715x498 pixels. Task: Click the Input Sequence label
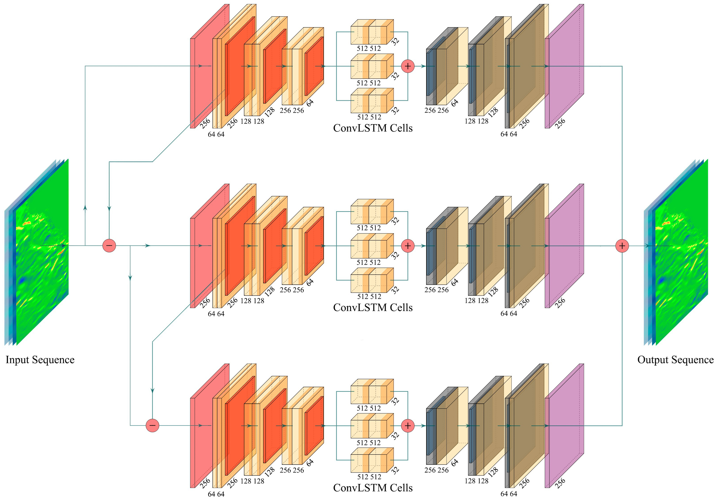click(x=40, y=360)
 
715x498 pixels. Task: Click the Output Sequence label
click(x=675, y=360)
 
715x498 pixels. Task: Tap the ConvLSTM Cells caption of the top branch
click(x=372, y=128)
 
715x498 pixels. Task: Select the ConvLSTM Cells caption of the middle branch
click(x=372, y=308)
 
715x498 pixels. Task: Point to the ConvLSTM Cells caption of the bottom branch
click(x=372, y=488)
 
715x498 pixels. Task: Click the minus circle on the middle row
click(x=109, y=246)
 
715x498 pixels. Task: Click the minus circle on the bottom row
click(x=152, y=425)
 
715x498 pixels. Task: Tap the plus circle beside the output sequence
click(x=622, y=246)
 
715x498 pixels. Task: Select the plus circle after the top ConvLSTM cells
click(x=408, y=66)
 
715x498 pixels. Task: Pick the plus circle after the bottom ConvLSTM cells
click(x=408, y=425)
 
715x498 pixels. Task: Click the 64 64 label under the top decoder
click(x=509, y=134)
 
